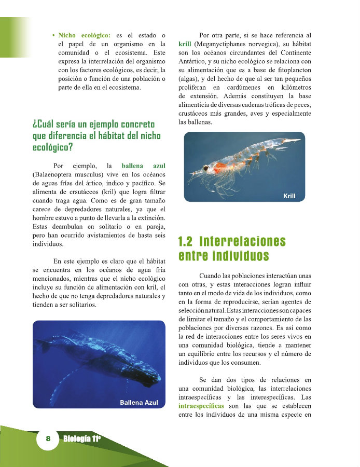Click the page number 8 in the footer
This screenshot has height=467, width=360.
(48, 438)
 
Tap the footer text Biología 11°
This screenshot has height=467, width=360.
(81, 439)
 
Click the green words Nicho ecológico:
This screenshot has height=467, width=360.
(84, 35)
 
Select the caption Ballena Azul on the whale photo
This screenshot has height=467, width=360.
(139, 403)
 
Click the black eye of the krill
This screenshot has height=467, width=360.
(206, 168)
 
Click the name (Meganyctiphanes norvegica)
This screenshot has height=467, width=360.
(231, 44)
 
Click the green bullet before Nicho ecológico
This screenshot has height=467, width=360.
(54, 35)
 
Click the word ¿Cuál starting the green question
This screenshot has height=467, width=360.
(43, 125)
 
